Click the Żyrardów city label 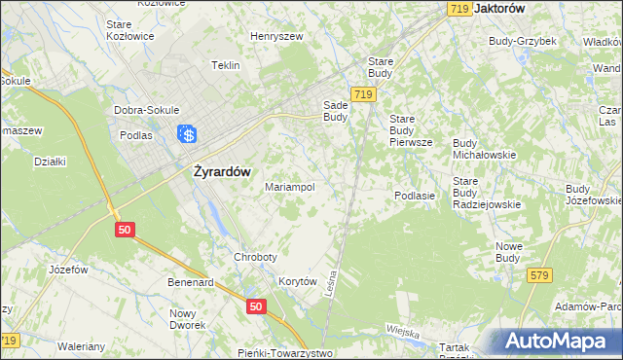pos(216,171)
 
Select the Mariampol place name pos(290,187)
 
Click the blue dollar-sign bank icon pos(188,135)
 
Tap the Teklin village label pos(226,66)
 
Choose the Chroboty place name pos(255,257)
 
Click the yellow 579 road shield pos(541,276)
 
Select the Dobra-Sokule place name pos(143,110)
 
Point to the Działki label pos(49,162)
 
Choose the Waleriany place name pos(82,345)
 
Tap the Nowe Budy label pos(510,252)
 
